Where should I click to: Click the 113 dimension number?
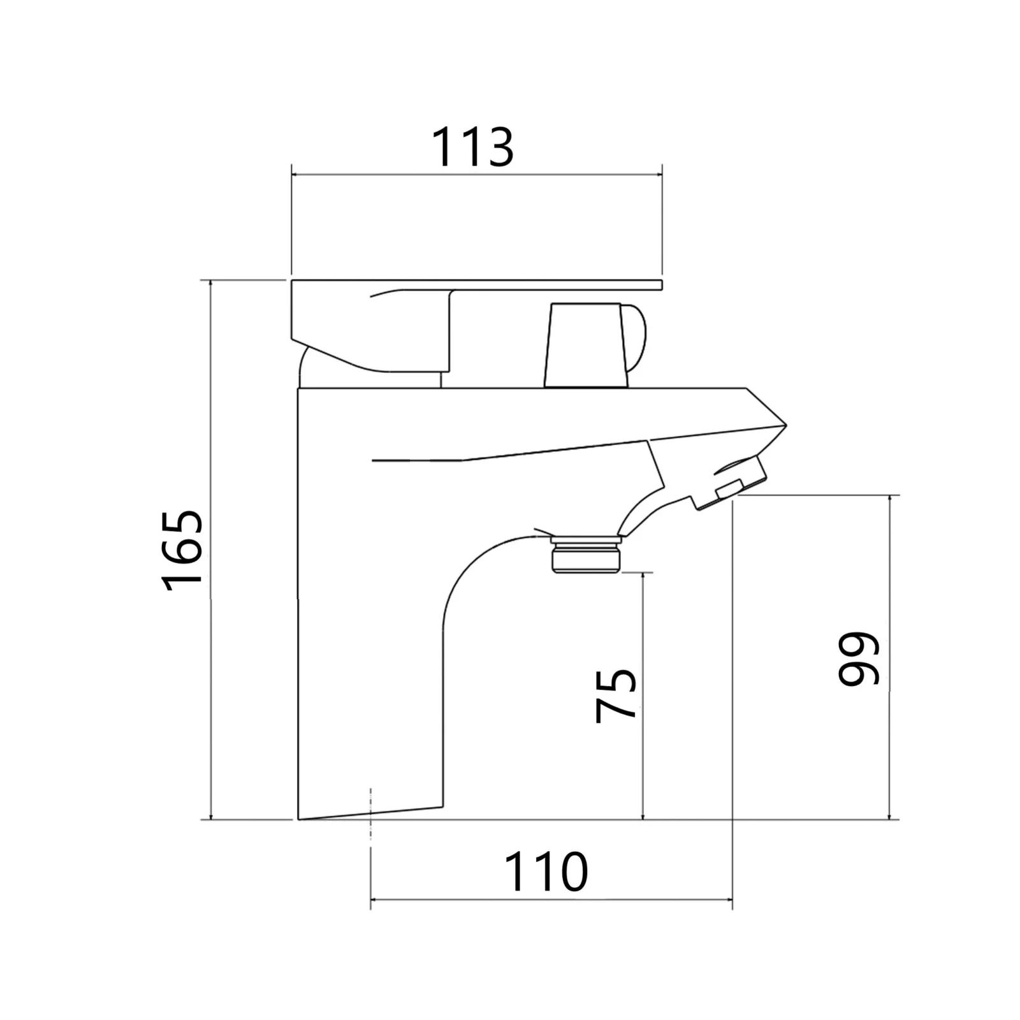[x=472, y=148]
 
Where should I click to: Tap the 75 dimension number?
[x=616, y=696]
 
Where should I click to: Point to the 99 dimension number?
[x=859, y=659]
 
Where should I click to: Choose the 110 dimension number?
[x=546, y=872]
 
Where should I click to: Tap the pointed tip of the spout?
[x=786, y=425]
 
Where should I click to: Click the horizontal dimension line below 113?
[x=477, y=174]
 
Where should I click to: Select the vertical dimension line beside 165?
[x=210, y=550]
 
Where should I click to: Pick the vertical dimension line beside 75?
[x=643, y=696]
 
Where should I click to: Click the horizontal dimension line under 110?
[x=551, y=900]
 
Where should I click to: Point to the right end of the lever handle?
[x=662, y=285]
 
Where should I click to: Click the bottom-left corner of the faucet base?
[x=298, y=819]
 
